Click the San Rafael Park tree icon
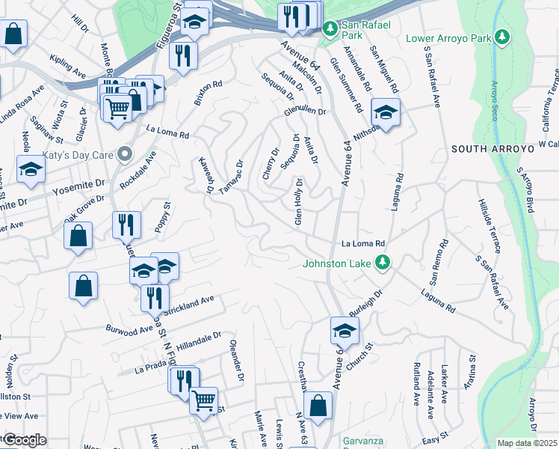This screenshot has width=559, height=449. pyautogui.click(x=330, y=30)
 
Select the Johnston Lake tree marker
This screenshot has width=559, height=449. pyautogui.click(x=383, y=262)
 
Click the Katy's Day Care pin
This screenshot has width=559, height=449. pyautogui.click(x=125, y=155)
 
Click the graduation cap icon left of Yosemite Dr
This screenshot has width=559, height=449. pyautogui.click(x=31, y=170)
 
